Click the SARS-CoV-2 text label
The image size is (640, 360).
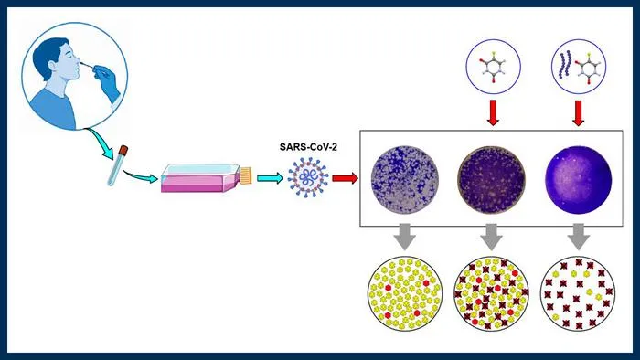308,147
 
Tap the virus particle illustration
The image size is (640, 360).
308,178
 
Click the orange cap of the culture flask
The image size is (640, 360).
246,175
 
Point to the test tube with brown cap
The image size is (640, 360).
118,165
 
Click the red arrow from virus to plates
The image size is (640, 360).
345,178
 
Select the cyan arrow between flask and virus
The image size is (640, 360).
270,178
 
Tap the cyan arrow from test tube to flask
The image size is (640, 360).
140,175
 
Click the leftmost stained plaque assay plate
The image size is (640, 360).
404,180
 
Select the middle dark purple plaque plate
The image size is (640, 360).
492,180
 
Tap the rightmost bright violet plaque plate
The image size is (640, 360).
579,180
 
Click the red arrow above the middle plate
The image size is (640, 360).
493,112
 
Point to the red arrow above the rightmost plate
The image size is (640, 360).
579,113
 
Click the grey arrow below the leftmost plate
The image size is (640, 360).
404,237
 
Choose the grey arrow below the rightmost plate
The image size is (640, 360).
579,237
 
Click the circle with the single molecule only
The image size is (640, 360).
494,67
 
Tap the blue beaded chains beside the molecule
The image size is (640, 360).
565,65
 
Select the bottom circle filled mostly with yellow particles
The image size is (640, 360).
404,293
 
